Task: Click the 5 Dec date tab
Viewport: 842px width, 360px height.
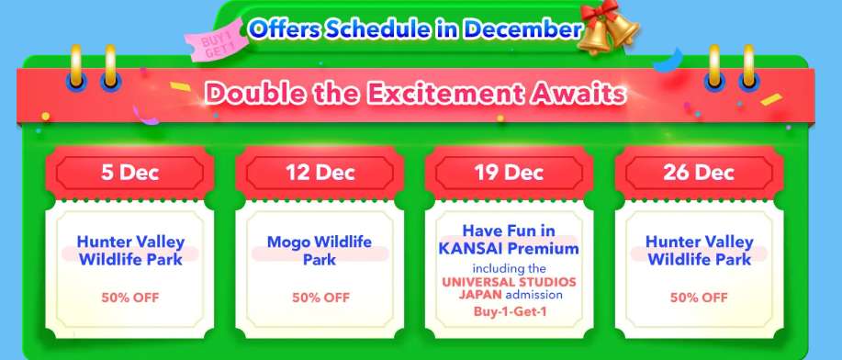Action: (x=130, y=172)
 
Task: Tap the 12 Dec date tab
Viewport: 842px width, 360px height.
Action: (x=320, y=172)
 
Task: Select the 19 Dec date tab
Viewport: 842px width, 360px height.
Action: (x=511, y=172)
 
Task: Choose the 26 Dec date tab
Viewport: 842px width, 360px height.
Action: (x=701, y=172)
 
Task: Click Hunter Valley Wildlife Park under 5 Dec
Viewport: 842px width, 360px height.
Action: (x=130, y=250)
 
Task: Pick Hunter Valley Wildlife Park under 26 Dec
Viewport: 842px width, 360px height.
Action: (x=700, y=250)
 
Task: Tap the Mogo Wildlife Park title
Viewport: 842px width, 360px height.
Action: (x=320, y=250)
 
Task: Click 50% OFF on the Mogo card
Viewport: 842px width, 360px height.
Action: (x=320, y=297)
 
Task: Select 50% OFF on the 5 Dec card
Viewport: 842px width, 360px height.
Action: (x=130, y=297)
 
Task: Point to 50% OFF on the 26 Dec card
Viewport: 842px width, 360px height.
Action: (x=700, y=297)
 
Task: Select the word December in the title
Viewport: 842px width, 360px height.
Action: (x=522, y=28)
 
